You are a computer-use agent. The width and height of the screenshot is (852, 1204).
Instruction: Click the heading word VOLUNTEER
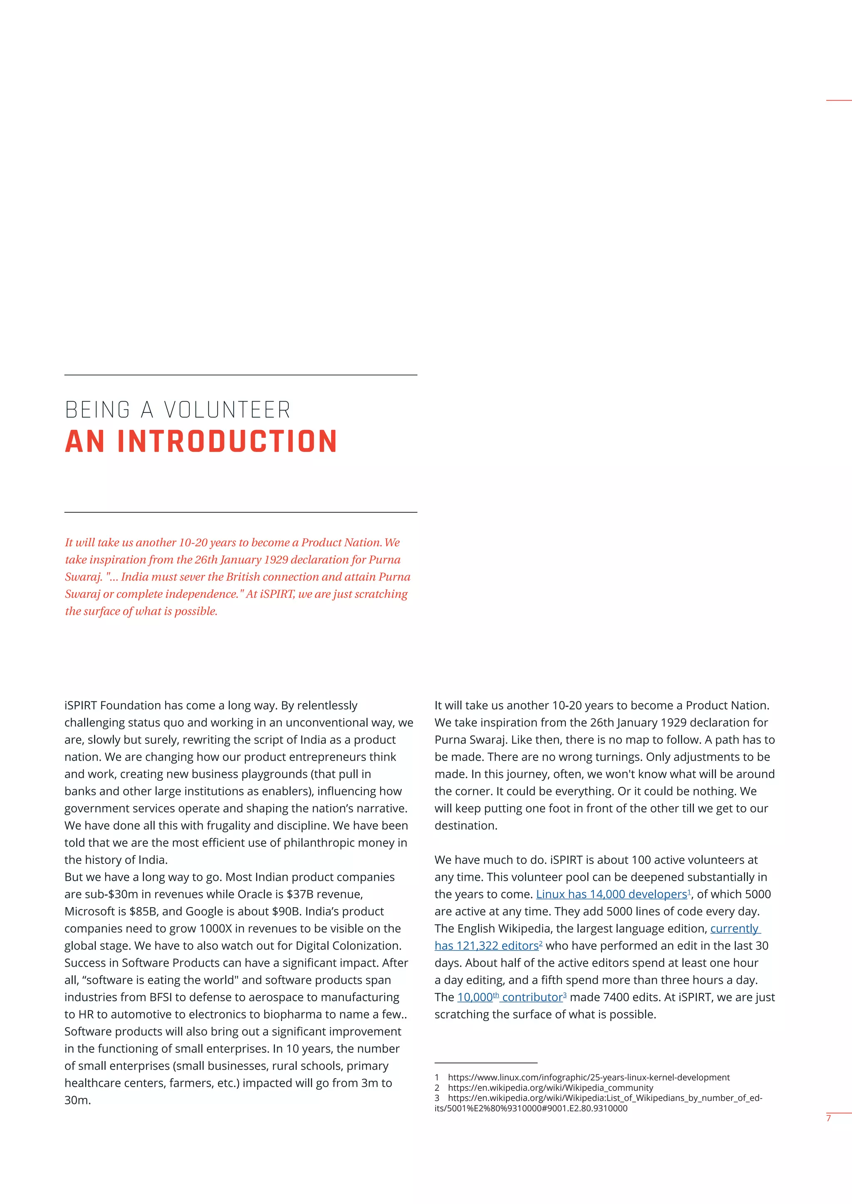point(227,410)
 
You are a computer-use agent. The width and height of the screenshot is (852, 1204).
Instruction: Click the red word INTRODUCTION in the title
point(227,442)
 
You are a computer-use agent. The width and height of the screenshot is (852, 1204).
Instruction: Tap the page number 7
point(828,1118)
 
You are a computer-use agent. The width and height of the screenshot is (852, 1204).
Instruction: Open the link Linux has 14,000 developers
point(611,894)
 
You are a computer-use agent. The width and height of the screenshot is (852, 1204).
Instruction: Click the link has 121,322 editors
point(486,945)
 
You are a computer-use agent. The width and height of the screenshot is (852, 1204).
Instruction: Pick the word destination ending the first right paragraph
point(465,825)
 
